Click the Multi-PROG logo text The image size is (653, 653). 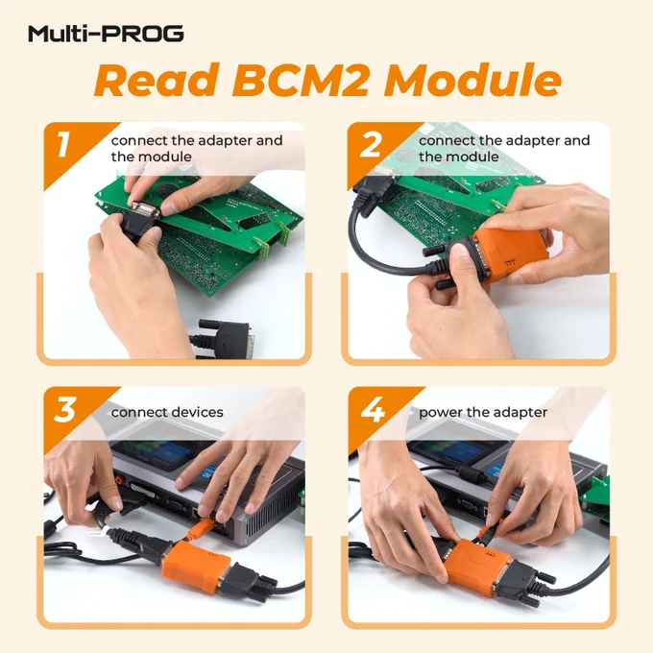(106, 34)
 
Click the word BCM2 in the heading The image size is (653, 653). (301, 80)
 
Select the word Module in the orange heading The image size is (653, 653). (472, 80)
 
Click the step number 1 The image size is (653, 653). (62, 144)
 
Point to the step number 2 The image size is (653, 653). (371, 144)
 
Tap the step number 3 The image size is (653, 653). (65, 410)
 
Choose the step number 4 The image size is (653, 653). (373, 410)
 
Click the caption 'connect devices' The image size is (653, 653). (167, 412)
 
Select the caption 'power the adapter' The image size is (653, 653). (483, 413)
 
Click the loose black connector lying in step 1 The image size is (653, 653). (222, 339)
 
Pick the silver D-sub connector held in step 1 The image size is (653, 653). (145, 210)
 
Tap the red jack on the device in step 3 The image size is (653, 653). (119, 480)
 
